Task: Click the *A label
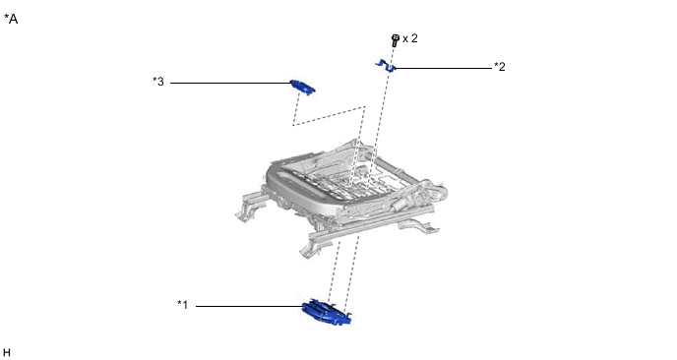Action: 11,19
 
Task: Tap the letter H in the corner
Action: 7,353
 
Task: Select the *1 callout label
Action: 183,305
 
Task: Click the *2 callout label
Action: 500,67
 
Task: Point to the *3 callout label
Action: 158,82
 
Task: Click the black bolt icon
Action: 395,40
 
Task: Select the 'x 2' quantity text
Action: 410,38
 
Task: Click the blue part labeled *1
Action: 327,312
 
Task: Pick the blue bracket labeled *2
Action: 386,66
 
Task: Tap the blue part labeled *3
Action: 303,87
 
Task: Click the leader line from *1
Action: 250,307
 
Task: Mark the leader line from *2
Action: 444,68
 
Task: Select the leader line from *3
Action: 230,83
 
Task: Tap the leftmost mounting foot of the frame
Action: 245,212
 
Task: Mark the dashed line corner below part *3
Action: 293,125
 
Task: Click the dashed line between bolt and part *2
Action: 392,55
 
